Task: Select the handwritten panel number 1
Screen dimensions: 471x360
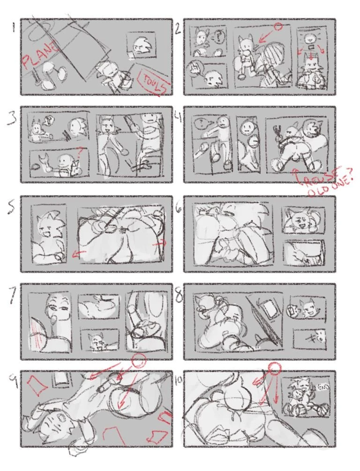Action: click(x=14, y=27)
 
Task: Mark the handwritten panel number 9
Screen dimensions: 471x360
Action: click(x=14, y=382)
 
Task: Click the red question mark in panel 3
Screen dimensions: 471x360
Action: click(x=81, y=151)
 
